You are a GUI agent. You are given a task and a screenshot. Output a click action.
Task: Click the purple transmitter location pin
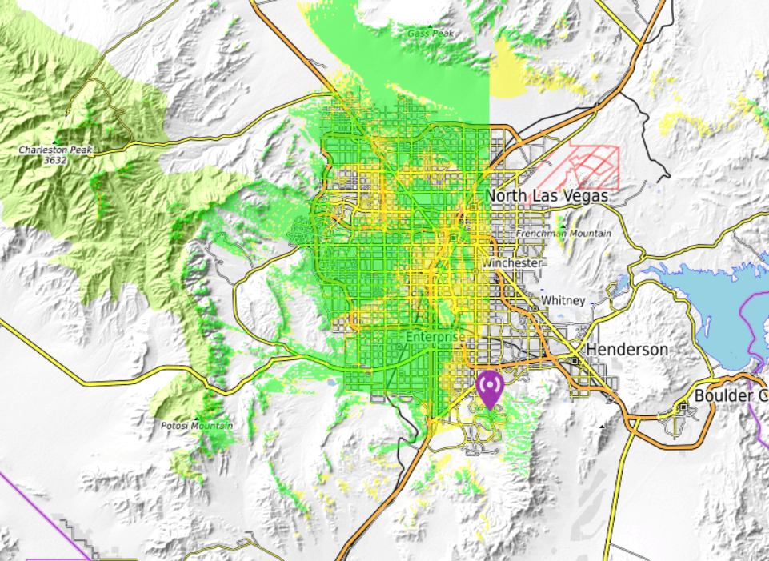[x=488, y=388]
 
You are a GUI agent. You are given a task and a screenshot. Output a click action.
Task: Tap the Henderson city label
[x=627, y=350]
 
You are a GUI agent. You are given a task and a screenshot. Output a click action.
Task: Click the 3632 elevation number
[x=55, y=160]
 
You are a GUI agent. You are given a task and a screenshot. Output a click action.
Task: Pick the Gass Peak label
[x=431, y=34]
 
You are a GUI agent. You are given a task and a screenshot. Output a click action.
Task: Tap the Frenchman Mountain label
[x=564, y=233]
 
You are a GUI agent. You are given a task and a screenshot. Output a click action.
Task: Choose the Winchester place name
[x=512, y=262]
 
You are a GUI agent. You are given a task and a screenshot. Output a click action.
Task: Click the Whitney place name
[x=563, y=300]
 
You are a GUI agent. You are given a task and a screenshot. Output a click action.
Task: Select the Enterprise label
[x=435, y=337]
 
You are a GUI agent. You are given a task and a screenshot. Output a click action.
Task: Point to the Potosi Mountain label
[x=195, y=425]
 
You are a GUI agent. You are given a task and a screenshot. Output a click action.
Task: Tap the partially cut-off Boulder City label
[x=730, y=396]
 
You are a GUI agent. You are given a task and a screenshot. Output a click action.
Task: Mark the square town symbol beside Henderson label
[x=575, y=361]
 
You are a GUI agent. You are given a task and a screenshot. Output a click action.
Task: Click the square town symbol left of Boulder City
[x=683, y=407]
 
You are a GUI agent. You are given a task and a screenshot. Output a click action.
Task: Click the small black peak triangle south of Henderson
[x=602, y=427]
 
